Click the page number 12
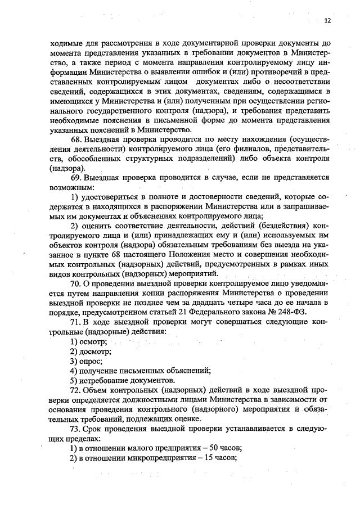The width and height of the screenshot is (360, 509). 327,20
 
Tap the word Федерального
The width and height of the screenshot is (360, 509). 224,312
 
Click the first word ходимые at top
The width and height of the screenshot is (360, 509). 67,42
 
